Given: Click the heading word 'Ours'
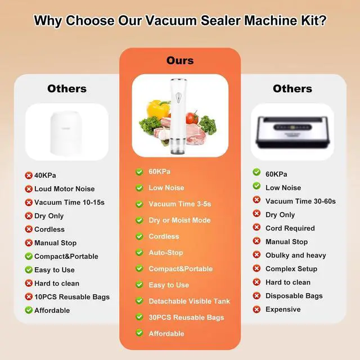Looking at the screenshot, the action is pos(180,61).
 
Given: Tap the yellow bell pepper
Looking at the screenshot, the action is pos(158,109).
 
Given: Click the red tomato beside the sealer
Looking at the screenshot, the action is pos(192,117).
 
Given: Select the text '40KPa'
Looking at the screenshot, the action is pos(45,175).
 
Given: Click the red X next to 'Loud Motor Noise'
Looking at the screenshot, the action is pos(29,189).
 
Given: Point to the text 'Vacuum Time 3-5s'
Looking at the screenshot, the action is pos(180,204).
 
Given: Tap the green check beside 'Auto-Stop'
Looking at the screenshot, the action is pos(139,253).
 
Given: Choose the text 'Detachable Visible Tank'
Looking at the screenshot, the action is pos(189,301).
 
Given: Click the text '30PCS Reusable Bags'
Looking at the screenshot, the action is pos(186,317).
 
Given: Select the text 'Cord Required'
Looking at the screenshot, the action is pos(290,228).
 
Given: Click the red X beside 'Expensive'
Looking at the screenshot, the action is pos(256,309).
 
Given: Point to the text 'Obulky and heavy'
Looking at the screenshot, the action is pos(296,255).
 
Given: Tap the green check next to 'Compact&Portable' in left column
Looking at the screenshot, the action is pos(29,256).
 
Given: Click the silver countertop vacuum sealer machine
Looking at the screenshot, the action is pos(292,132).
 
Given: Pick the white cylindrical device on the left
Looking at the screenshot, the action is pos(66,133).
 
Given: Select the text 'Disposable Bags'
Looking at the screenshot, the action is pos(294,296).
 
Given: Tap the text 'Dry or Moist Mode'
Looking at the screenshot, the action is pos(179,220).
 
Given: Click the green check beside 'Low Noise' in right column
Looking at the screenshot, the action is pos(256,186).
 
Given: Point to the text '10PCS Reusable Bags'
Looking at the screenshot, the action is pos(72,297).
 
